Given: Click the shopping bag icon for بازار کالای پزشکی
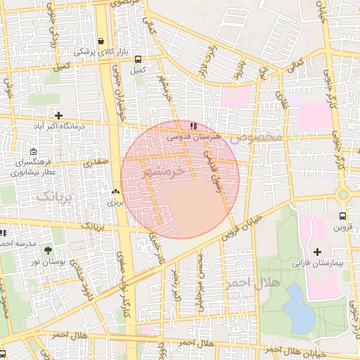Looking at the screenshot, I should tap(102, 41).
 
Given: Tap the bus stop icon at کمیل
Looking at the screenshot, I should tap(138, 60).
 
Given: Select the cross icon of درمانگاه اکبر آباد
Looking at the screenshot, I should tap(58, 115).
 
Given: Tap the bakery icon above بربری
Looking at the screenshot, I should tap(115, 191).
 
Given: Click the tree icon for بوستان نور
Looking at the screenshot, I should tap(48, 250).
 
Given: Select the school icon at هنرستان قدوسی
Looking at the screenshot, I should tap(193, 125).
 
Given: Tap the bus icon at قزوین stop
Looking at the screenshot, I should tap(342, 216).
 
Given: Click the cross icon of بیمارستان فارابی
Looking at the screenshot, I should tap(316, 252).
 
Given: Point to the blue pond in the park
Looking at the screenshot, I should tap(300, 309).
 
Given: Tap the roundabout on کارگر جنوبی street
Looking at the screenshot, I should tap(343, 195).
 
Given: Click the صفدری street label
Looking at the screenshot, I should tap(96, 162).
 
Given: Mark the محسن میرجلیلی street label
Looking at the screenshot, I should tap(201, 281).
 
